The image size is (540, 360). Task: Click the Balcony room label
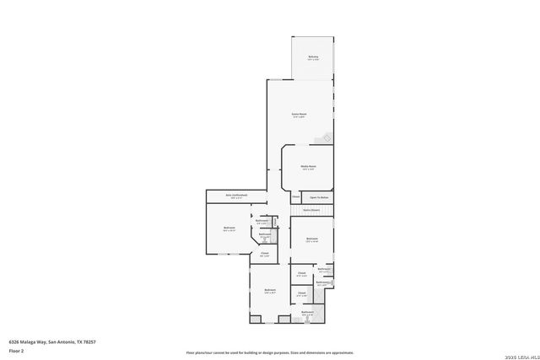point(313,56)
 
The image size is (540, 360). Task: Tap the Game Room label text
point(299,113)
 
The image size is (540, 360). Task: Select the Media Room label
point(308,166)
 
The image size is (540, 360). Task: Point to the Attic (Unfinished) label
point(236,195)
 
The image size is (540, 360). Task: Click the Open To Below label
point(319,196)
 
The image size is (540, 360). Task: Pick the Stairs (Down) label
point(311,209)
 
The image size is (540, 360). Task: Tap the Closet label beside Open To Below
point(295,196)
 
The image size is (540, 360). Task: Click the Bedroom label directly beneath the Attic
point(229,228)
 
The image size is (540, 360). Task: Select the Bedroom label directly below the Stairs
point(312,239)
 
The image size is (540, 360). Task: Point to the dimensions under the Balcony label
point(313,60)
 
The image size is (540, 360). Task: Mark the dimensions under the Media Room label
point(308,169)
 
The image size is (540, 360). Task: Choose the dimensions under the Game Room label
point(299,116)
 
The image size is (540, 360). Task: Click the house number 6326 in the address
point(14,342)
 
